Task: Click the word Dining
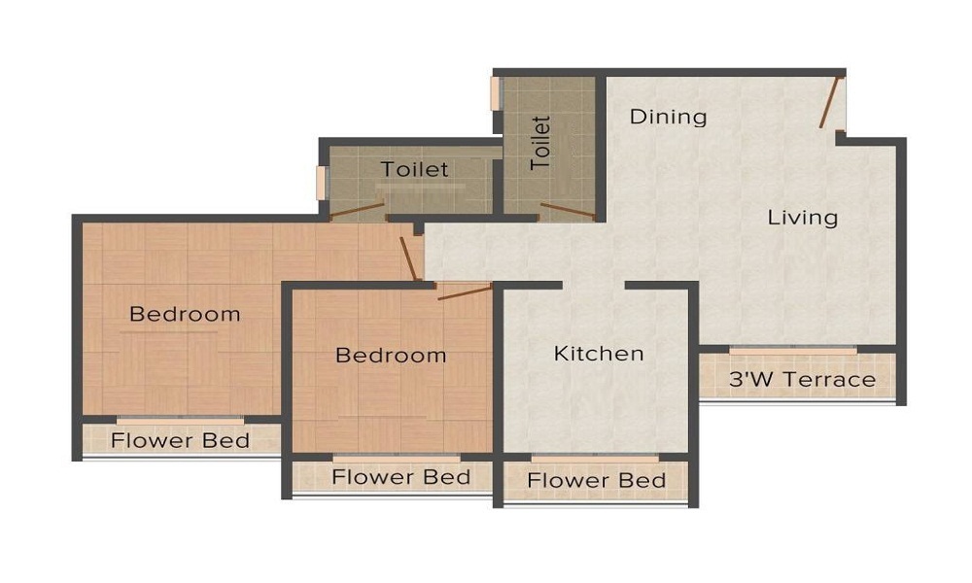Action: click(x=668, y=117)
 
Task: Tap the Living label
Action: click(x=803, y=217)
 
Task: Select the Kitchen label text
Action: click(x=599, y=353)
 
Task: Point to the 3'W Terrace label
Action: click(x=802, y=380)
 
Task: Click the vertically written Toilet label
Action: click(x=541, y=143)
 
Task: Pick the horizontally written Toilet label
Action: click(x=415, y=169)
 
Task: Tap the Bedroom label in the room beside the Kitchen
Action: click(x=391, y=355)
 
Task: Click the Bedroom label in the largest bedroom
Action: click(x=185, y=314)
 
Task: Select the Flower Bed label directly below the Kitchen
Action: click(x=596, y=480)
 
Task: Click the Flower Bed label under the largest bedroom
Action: click(x=180, y=440)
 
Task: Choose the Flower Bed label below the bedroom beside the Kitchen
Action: click(x=400, y=477)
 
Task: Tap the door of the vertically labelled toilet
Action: click(x=567, y=211)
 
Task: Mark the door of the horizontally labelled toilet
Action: click(x=357, y=209)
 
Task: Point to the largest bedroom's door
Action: click(x=410, y=257)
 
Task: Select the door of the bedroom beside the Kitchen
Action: click(x=465, y=292)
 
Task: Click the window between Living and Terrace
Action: click(x=793, y=349)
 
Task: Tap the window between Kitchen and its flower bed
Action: click(x=595, y=457)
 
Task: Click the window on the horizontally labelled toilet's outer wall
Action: click(x=322, y=183)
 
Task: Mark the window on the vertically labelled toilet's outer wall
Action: click(x=495, y=92)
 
